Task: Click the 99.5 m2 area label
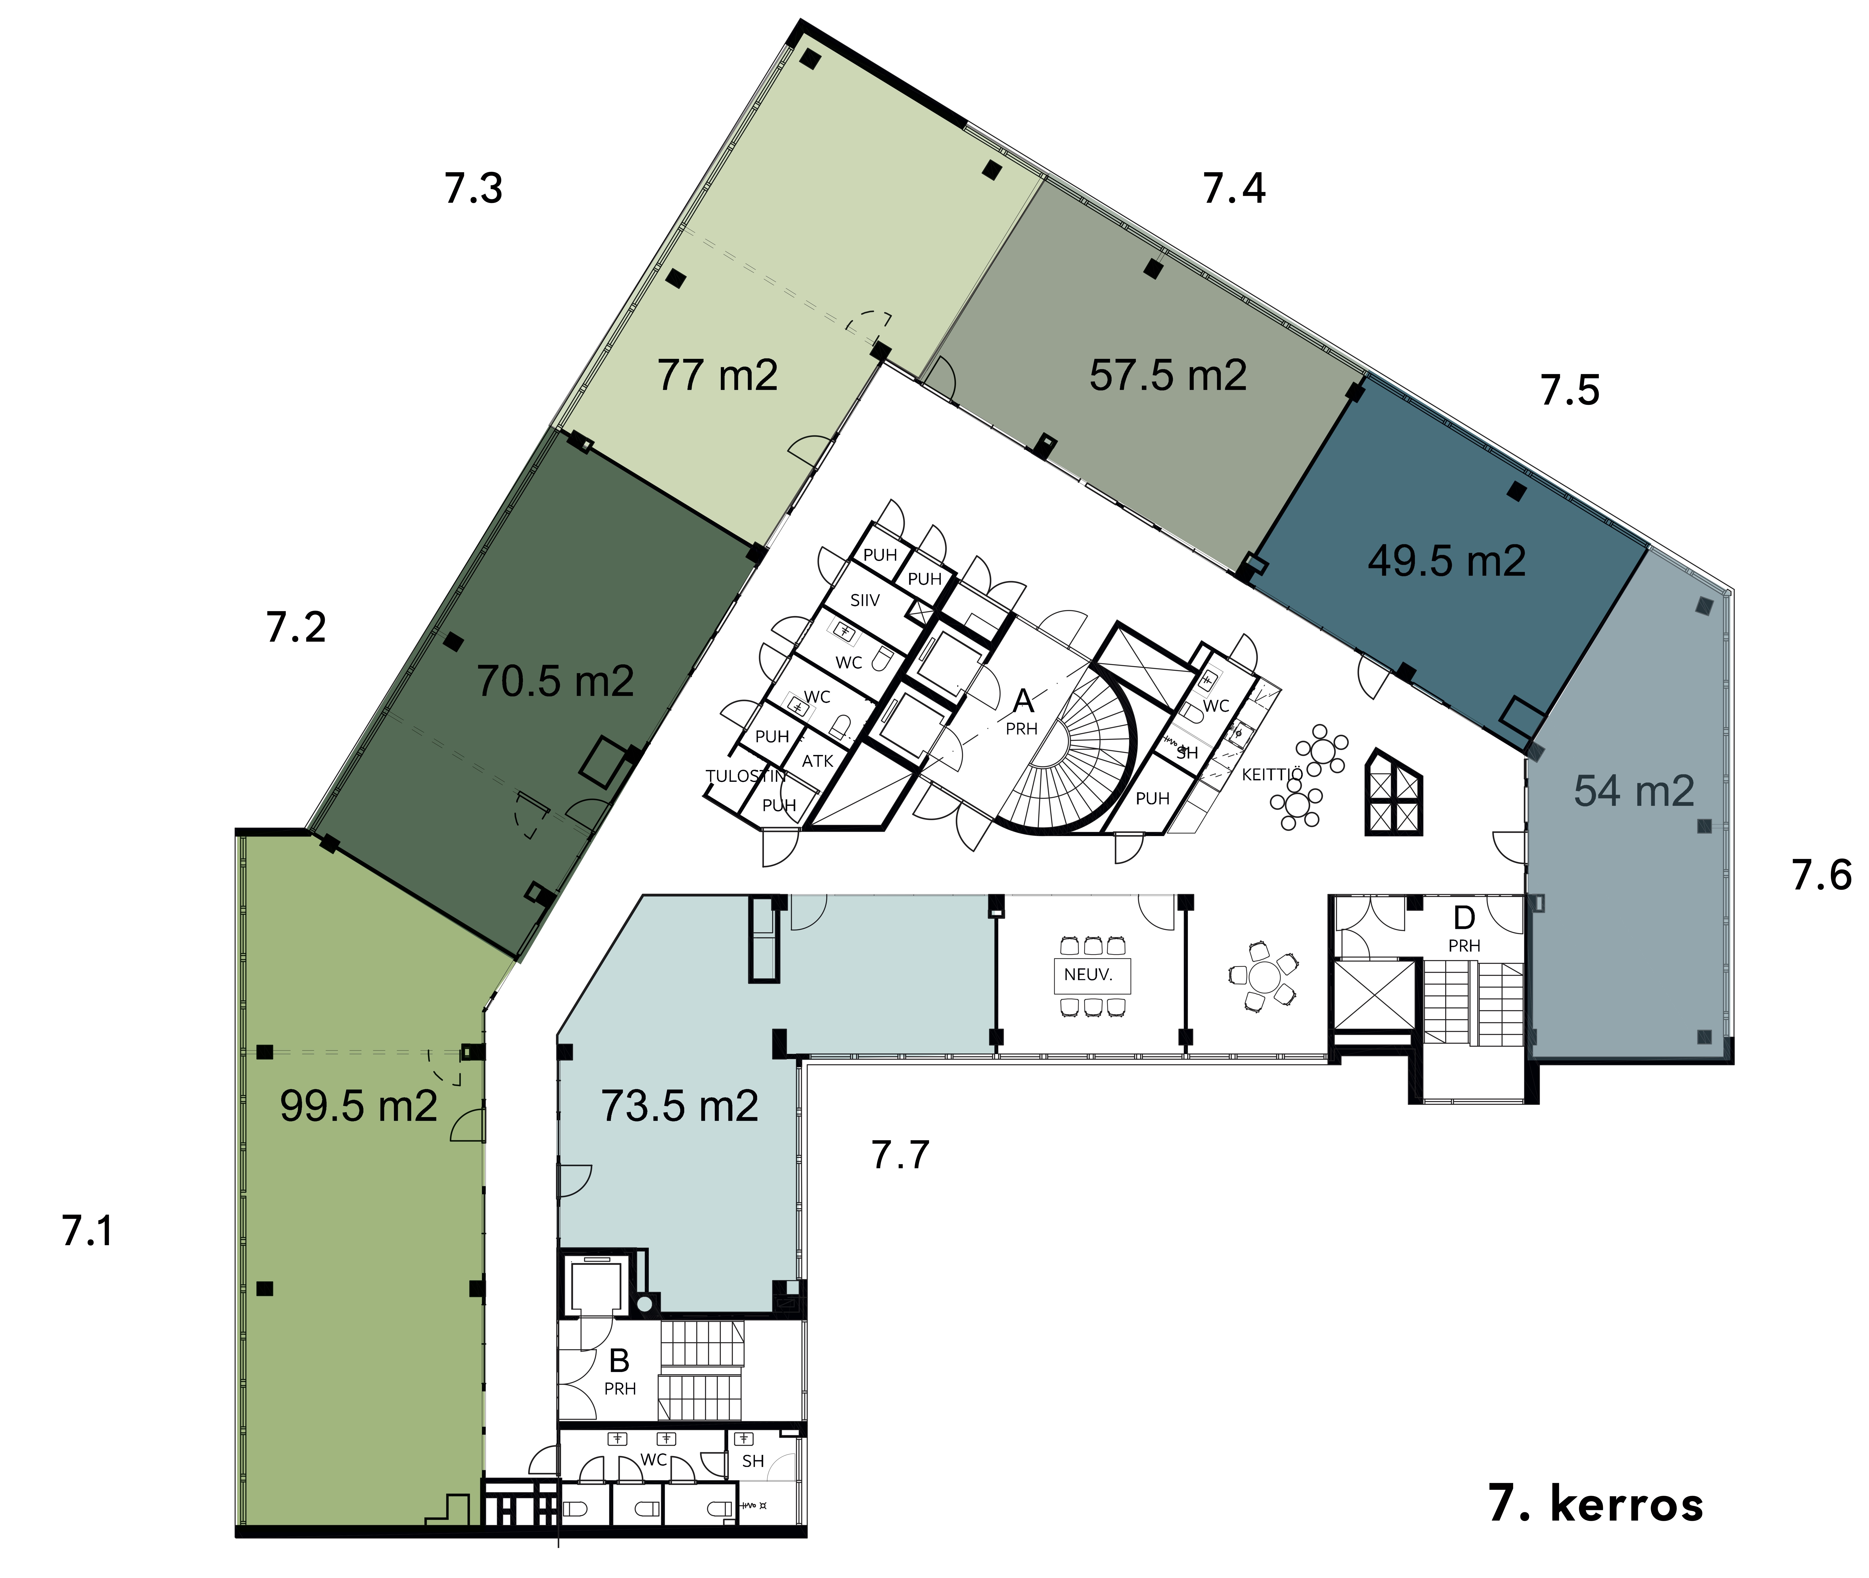point(359,1107)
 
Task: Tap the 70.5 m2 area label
point(555,682)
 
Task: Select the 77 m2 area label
point(717,375)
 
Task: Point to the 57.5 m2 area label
point(1167,375)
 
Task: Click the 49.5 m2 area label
point(1447,561)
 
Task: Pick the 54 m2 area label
point(1634,791)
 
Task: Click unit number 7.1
point(88,1231)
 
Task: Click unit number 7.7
point(900,1155)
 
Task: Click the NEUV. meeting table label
point(1088,975)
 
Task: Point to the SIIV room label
point(865,600)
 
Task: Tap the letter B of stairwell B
point(619,1361)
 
